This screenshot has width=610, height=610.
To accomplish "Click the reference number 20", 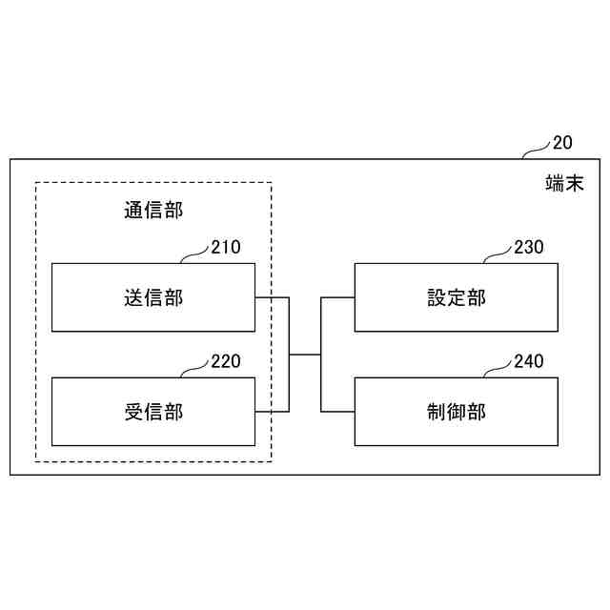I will [562, 143].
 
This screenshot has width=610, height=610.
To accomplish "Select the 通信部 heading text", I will [153, 210].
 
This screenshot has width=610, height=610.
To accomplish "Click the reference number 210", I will [226, 248].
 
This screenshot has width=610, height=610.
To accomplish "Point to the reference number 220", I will [226, 361].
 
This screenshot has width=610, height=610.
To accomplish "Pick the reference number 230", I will [529, 248].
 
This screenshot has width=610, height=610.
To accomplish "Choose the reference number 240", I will [529, 361].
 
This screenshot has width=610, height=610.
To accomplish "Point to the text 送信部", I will [153, 297].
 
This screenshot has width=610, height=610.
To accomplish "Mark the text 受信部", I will [153, 412].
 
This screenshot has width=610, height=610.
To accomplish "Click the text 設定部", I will [457, 297].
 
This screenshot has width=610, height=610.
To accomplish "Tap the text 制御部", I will [457, 412].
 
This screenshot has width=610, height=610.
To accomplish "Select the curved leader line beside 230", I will [498, 254].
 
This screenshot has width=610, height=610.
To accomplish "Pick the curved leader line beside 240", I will [498, 369].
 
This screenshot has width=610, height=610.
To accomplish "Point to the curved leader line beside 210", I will [194, 254].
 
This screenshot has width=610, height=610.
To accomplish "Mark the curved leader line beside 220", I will [194, 369].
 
